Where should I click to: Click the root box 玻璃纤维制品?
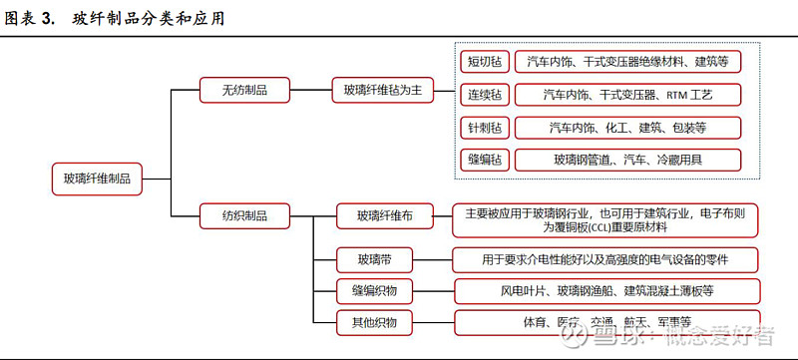pos(97,180)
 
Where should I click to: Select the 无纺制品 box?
pos(243,91)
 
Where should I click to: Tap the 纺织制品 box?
pos(243,214)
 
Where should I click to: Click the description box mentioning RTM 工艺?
pos(627,95)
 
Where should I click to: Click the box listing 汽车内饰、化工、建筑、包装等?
pos(627,128)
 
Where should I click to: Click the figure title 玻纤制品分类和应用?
pos(149,18)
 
